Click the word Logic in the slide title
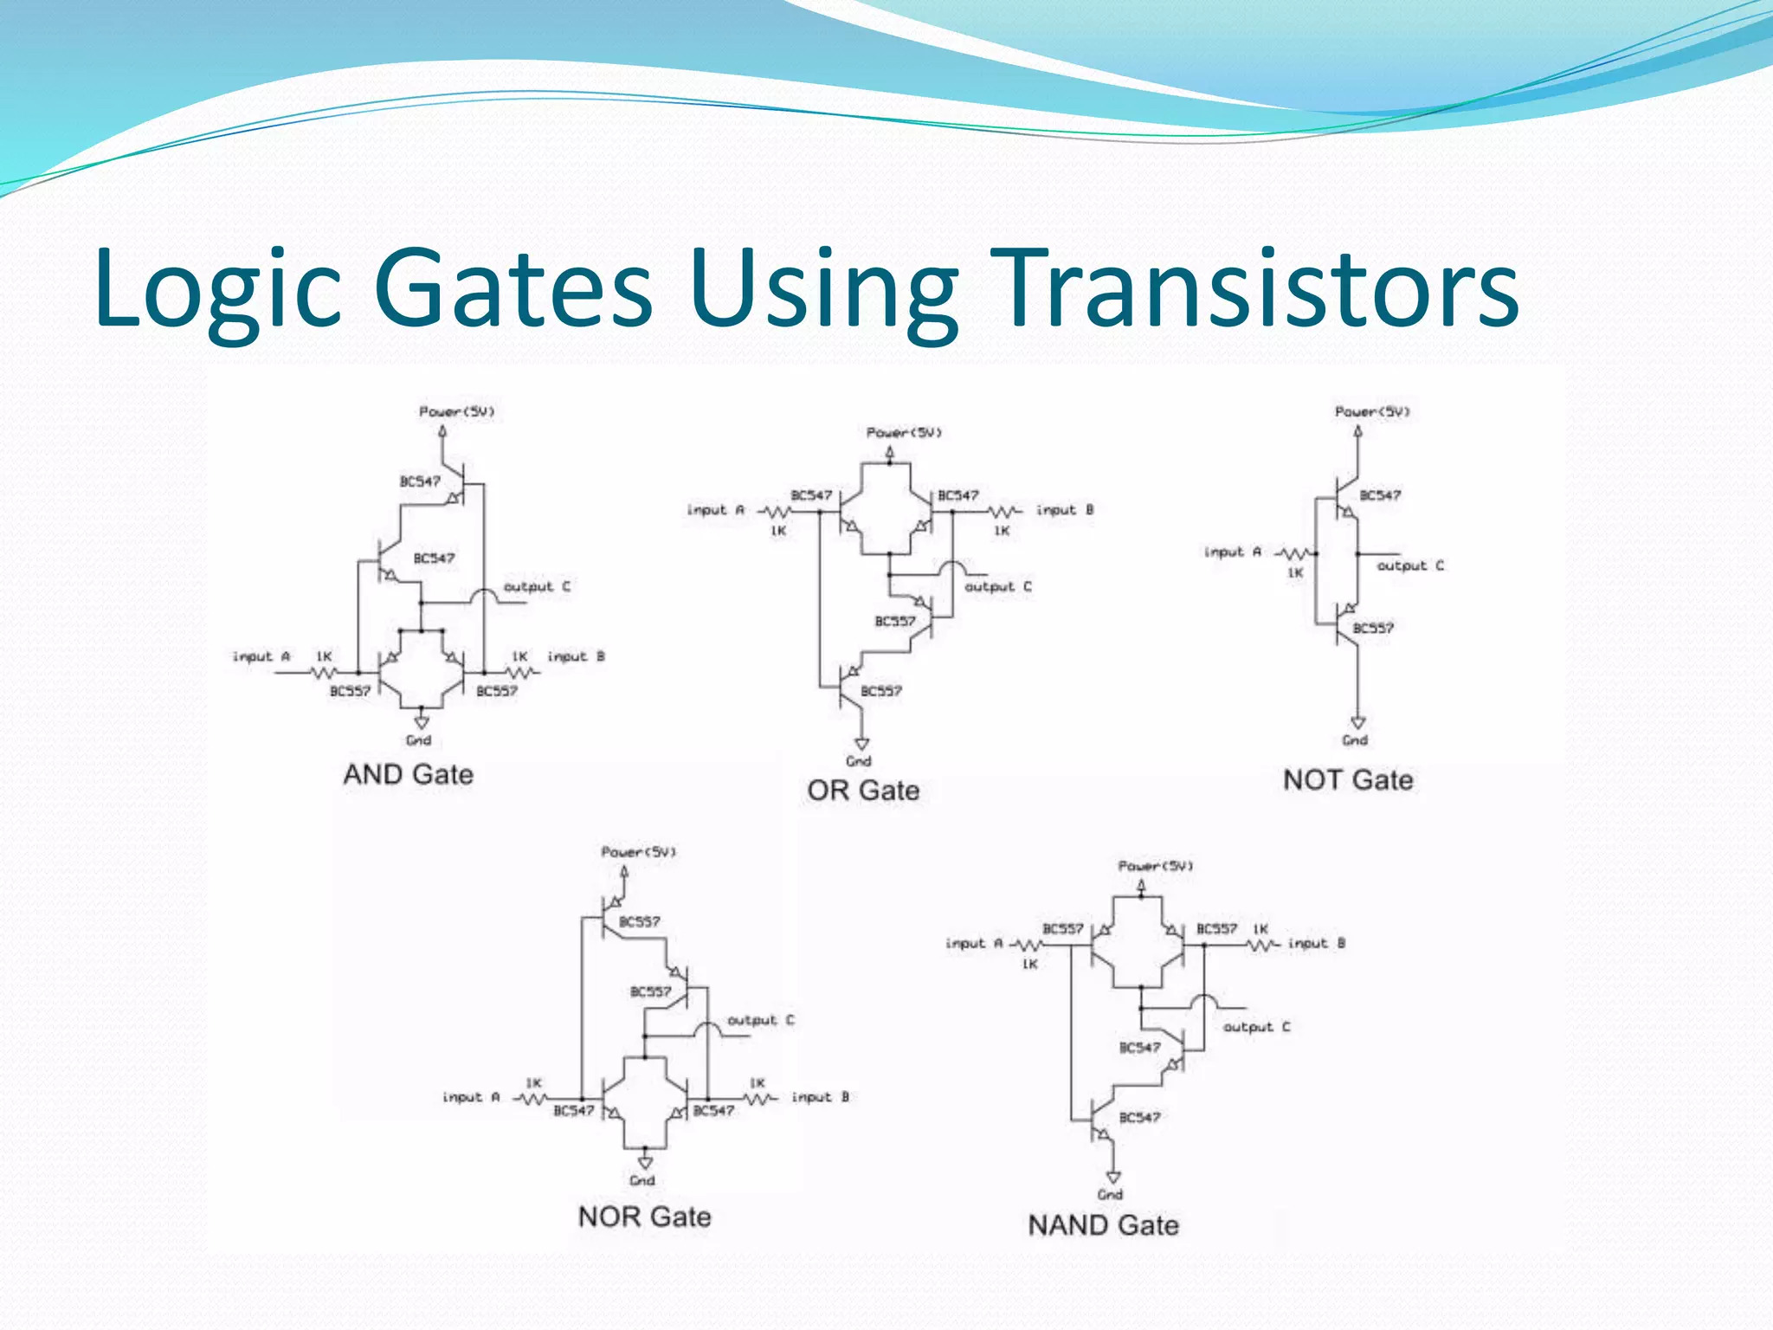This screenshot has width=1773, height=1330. coord(216,290)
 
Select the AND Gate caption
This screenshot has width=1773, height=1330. coord(409,774)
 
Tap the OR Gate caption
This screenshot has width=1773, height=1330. coord(863,790)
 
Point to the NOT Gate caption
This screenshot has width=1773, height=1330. coord(1348,780)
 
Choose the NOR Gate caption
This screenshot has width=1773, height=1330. coord(645,1217)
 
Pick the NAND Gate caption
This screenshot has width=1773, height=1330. coord(1104,1225)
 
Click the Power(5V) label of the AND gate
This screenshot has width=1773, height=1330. coord(456,411)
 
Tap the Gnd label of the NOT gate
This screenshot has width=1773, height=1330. coord(1355,740)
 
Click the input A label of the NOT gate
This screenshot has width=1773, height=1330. coord(1233,552)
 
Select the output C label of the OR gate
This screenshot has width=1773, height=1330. coord(998,587)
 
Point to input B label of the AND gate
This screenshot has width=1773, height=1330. coord(576,656)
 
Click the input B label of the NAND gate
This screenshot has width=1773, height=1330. coord(1317,943)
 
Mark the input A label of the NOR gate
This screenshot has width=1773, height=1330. coord(471,1097)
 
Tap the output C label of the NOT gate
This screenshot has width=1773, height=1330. coord(1410,565)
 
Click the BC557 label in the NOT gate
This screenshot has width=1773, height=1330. coord(1373,628)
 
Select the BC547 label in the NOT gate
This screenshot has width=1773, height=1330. coord(1380,495)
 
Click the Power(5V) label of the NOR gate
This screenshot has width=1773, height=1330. coord(639,852)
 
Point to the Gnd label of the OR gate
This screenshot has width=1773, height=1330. coord(858,761)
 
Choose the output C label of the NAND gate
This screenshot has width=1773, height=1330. coord(1256,1027)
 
